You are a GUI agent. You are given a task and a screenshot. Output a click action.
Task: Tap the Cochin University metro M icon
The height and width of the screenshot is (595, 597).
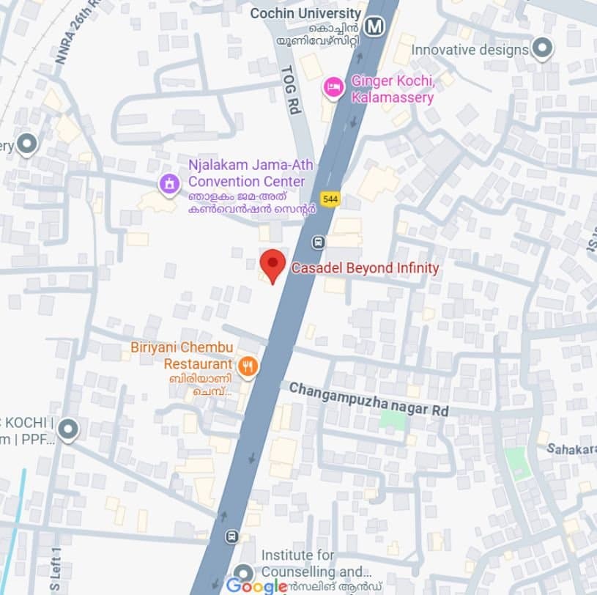coord(376,27)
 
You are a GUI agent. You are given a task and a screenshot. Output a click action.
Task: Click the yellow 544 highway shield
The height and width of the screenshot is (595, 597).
coord(330,199)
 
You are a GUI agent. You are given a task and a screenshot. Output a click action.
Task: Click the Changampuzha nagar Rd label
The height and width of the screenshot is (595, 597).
coord(368,399)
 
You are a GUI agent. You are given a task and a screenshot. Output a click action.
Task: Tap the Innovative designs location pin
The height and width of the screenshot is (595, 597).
coord(542,49)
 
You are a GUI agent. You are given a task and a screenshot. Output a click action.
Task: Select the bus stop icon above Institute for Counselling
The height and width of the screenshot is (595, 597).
coord(232,536)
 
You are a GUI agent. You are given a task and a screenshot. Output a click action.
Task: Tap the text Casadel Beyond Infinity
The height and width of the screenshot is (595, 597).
coord(365,268)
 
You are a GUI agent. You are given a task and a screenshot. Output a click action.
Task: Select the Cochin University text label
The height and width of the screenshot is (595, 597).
coord(305,13)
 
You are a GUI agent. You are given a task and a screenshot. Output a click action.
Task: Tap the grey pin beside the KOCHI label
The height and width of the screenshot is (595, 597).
coord(68,429)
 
